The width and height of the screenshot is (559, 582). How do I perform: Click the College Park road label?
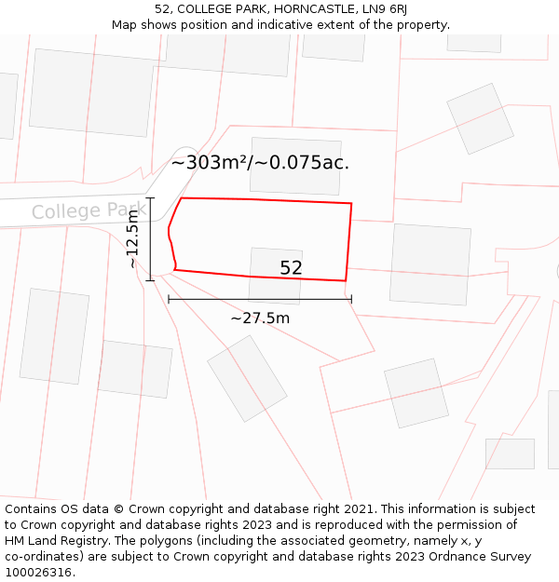tap(89, 210)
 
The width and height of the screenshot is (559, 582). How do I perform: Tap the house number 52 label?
tap(291, 268)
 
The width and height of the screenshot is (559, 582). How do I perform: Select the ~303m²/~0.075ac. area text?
tap(260, 162)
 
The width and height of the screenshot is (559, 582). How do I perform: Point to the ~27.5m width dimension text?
tap(260, 318)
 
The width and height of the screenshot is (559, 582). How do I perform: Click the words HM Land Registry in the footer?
tap(55, 541)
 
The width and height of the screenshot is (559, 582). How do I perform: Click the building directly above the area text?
tap(293, 166)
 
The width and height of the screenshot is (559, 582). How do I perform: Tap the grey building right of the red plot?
tap(430, 264)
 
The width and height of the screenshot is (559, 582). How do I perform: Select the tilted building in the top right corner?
tap(481, 118)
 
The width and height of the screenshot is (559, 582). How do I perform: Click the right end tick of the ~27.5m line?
tap(351, 299)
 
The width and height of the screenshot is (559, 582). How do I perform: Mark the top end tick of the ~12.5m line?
tap(150, 198)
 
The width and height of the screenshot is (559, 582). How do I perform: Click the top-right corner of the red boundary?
tap(351, 202)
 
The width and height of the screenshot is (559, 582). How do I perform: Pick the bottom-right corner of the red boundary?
tap(346, 280)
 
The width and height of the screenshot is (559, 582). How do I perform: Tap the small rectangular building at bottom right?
tap(510, 453)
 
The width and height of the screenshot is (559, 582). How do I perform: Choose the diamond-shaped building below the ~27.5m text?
tap(247, 378)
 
